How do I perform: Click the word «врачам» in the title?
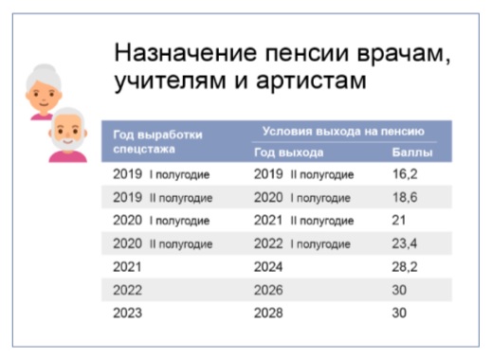coord(404,54)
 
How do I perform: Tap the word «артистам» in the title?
coord(311,81)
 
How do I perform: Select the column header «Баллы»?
coord(412,153)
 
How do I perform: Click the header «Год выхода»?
coord(289,153)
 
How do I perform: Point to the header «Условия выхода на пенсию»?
coord(343,132)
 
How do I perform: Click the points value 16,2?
coord(405,174)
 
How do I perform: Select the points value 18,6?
coord(405,197)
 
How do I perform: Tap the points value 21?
coord(399,220)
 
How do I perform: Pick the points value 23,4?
coord(405,243)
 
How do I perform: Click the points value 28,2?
coord(405,267)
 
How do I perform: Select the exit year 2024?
coord(268,267)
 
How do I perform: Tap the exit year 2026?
coord(268,290)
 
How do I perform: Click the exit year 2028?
coord(268,313)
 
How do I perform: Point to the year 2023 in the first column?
coord(128,313)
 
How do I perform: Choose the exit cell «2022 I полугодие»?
coord(302,243)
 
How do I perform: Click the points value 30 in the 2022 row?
coord(399,290)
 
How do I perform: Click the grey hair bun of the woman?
coord(45,68)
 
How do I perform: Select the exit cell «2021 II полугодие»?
coord(303,221)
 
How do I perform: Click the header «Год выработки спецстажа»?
coord(157,142)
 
